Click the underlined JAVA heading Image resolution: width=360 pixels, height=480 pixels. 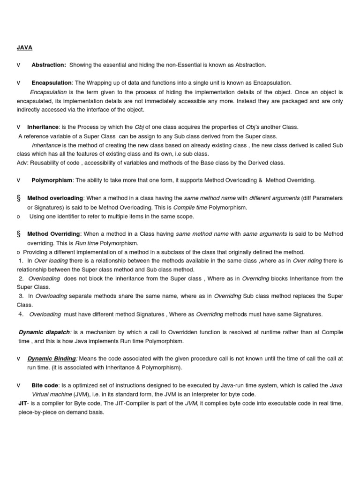[x=25, y=47]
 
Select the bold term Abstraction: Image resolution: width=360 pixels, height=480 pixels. [x=49, y=65]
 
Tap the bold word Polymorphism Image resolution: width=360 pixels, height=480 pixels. [x=52, y=180]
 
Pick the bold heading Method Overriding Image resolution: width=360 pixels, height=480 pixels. [x=54, y=234]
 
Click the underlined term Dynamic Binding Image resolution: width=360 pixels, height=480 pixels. [x=52, y=359]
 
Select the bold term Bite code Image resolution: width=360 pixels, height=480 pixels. [x=46, y=385]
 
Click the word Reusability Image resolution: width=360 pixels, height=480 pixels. [x=48, y=163]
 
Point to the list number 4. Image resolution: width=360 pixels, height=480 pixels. [x=21, y=314]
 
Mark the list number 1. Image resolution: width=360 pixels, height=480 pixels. [x=21, y=261]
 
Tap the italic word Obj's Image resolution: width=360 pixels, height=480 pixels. [x=255, y=127]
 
